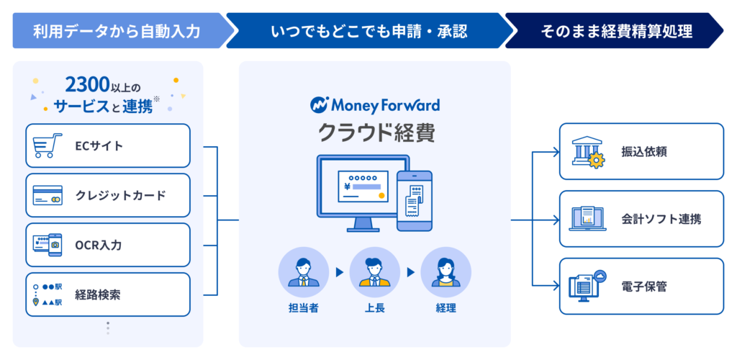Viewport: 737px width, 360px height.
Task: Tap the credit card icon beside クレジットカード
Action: click(48, 196)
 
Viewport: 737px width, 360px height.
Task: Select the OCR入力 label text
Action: click(99, 246)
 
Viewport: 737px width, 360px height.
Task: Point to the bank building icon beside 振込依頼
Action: click(587, 152)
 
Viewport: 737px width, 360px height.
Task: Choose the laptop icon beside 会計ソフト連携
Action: click(587, 219)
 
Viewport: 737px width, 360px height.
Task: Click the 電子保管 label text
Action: click(644, 287)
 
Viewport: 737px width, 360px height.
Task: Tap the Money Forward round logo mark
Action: click(319, 106)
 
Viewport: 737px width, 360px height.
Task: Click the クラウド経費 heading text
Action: click(375, 133)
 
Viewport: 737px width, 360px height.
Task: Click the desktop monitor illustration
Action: click(356, 192)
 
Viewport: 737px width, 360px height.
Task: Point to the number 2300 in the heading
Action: click(89, 84)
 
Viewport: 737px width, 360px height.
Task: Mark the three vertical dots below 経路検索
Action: click(108, 328)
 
